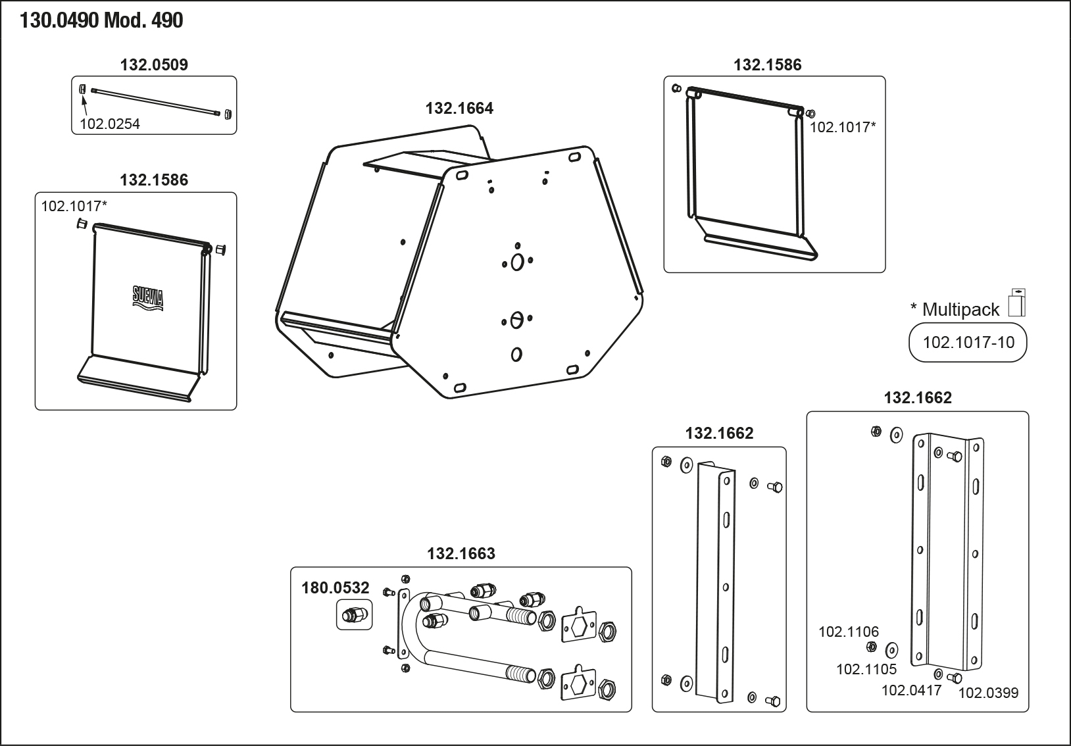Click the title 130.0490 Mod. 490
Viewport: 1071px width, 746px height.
101,21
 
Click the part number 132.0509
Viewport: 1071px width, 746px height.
154,64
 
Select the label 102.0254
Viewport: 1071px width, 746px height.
110,124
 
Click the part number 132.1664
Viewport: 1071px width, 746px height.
459,108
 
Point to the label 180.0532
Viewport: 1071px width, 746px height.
336,587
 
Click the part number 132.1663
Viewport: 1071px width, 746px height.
461,553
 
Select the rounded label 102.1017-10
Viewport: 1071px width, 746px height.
968,342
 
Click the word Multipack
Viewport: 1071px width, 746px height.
960,309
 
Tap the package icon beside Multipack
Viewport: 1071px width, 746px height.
1017,303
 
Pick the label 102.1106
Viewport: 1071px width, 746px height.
848,632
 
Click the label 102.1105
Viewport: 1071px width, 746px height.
866,669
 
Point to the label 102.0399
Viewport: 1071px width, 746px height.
988,692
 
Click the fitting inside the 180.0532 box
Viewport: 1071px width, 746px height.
354,616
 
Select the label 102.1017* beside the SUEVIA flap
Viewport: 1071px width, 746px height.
74,206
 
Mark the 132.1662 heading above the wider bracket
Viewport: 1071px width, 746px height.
917,397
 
